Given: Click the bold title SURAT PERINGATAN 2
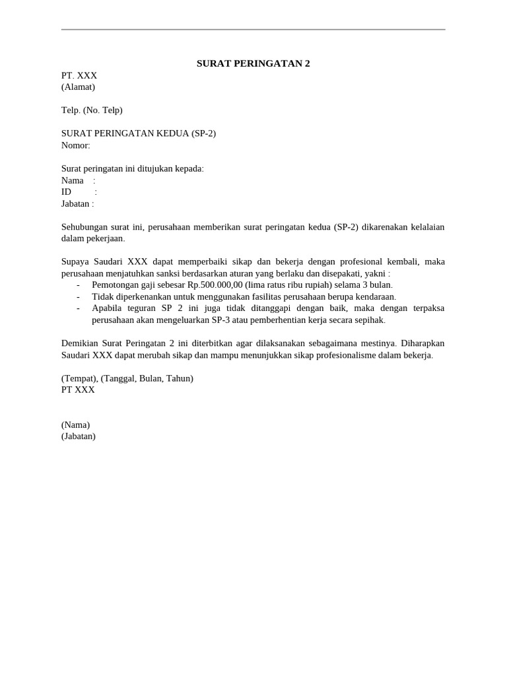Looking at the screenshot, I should [x=253, y=63].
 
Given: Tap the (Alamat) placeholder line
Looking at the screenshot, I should [x=78, y=87].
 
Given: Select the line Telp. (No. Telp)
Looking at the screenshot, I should [x=92, y=110].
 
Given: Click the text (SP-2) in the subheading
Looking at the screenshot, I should [x=203, y=133].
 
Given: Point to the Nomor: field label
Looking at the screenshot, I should [x=75, y=145].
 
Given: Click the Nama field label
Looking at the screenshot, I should [x=73, y=180].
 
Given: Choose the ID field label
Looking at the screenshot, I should [x=66, y=192].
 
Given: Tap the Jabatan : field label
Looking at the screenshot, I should [x=77, y=203].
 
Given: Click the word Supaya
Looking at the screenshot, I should [x=75, y=262].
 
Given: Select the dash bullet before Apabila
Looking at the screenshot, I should [x=79, y=308].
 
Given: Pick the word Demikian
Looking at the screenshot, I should [x=81, y=343].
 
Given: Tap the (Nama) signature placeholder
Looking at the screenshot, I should [x=75, y=424].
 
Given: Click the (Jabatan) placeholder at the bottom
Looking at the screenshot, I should [x=78, y=436].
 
